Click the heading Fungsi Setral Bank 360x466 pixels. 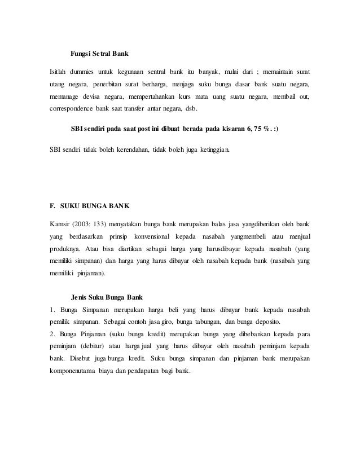[99, 55]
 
